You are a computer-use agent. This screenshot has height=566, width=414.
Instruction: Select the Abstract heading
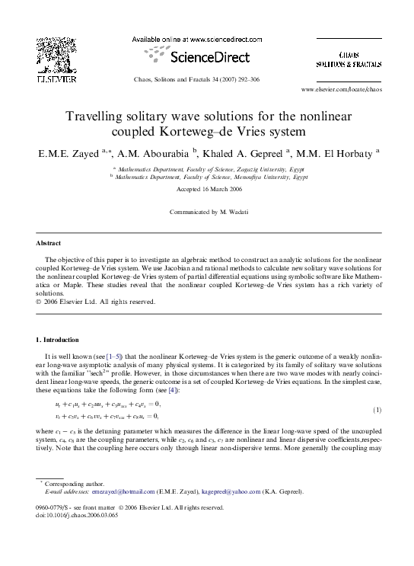point(49,244)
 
